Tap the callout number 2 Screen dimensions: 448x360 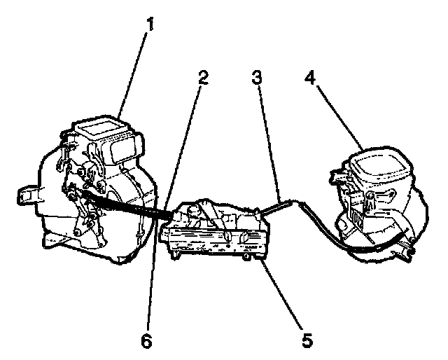pos(203,78)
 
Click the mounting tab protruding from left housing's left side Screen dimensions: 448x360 pos(27,193)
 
